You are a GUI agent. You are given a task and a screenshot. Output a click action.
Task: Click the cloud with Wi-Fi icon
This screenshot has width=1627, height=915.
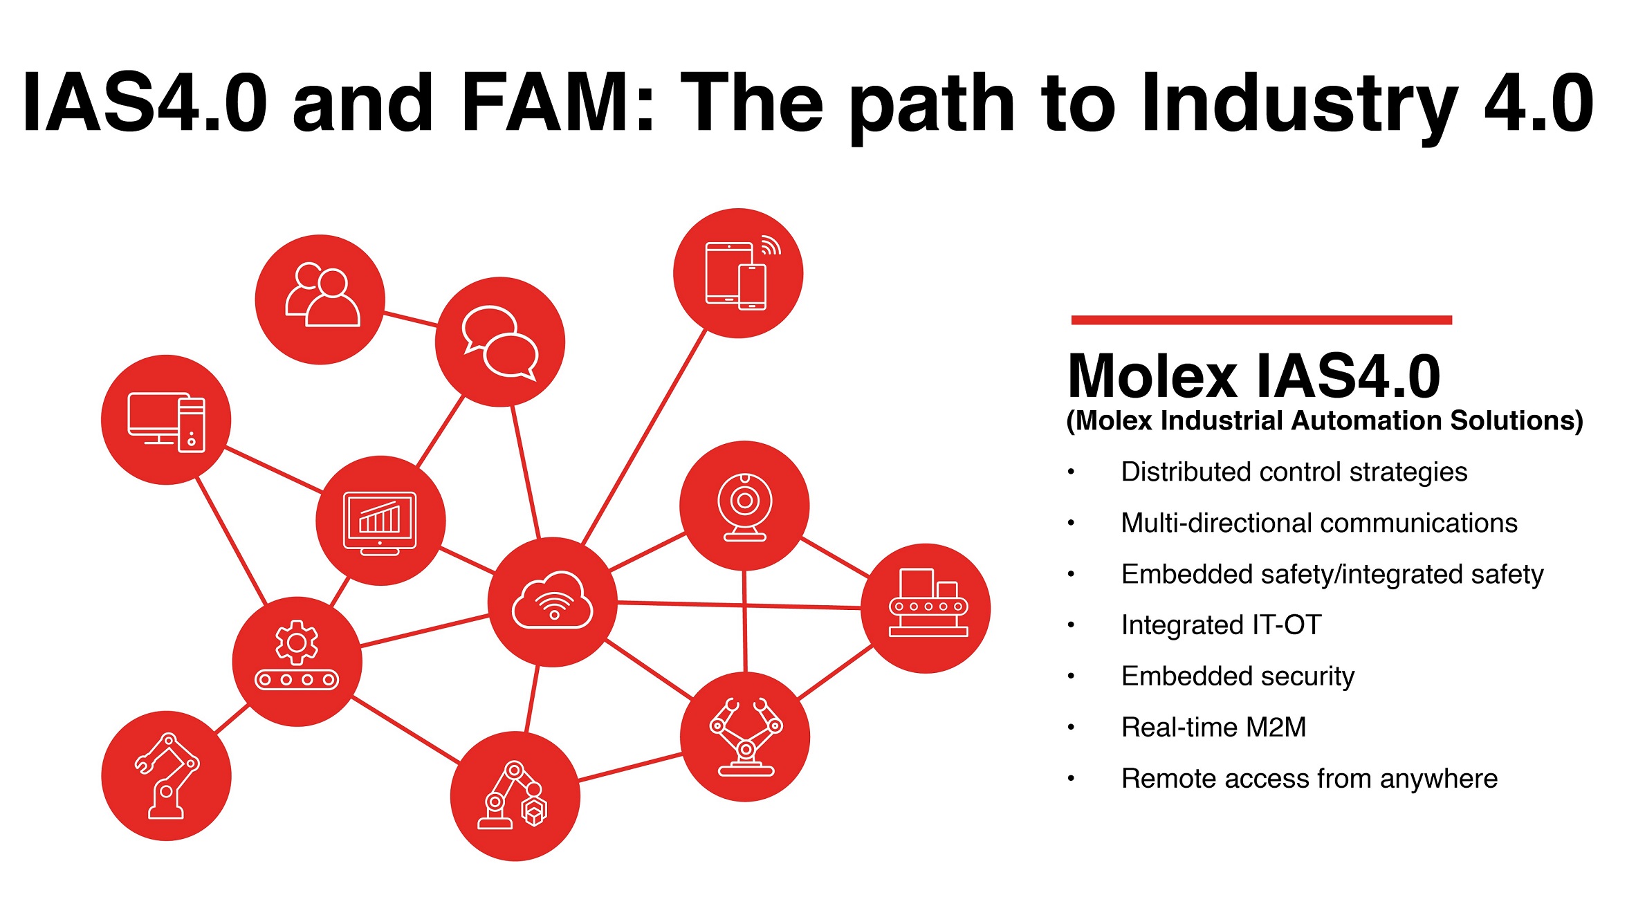[x=552, y=601]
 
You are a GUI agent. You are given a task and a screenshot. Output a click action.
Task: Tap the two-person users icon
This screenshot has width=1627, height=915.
[x=321, y=299]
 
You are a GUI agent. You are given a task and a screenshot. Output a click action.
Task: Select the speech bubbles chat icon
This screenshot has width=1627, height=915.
[x=499, y=342]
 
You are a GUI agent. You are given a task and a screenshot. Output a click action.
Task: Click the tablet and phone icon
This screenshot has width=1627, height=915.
[x=737, y=274]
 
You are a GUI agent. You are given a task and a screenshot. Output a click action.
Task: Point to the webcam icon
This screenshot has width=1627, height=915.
[x=744, y=506]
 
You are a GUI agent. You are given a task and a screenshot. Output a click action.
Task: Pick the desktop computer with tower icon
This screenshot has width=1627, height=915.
[x=166, y=420]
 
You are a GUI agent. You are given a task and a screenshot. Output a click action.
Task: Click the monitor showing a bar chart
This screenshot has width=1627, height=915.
[x=380, y=521]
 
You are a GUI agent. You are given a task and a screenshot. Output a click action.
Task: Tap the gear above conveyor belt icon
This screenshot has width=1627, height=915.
[x=297, y=660]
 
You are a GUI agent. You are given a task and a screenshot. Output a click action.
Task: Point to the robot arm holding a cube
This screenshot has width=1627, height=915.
[x=514, y=796]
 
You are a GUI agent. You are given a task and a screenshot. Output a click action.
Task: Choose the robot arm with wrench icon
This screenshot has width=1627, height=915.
[x=166, y=775]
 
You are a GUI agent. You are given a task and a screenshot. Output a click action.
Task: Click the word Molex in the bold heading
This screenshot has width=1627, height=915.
[x=1152, y=377]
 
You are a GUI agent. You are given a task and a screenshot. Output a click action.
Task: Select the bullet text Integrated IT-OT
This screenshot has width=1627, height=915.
[x=1221, y=625]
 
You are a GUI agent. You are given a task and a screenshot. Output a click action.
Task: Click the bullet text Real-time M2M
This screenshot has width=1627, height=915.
[x=1213, y=727]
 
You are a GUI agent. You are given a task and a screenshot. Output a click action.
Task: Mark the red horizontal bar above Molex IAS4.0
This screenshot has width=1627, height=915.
[x=1261, y=320]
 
